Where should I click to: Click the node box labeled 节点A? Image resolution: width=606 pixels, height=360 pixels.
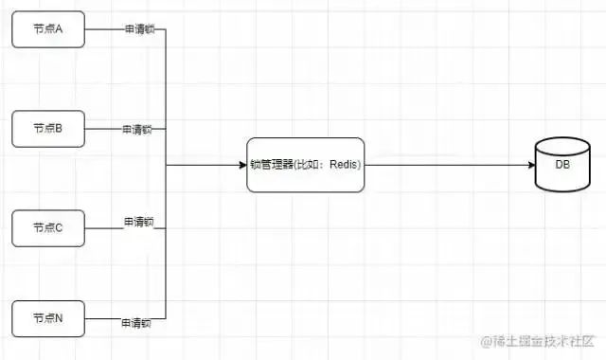pos(48,30)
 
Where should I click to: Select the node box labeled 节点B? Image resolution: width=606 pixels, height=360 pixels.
pos(48,128)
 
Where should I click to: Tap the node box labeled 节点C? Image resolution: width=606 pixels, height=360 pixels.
pos(48,226)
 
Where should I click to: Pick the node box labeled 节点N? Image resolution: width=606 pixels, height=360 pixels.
pos(48,317)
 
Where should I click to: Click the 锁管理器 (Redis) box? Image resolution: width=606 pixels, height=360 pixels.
pos(305,165)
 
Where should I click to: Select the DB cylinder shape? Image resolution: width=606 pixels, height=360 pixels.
pos(562,164)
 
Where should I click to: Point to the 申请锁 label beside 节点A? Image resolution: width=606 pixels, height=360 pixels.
pos(138,29)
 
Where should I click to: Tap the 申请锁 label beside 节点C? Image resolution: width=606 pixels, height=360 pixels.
pos(138,222)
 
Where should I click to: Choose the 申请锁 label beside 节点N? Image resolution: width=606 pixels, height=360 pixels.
pos(136,323)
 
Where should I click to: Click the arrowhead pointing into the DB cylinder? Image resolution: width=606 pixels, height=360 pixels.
pos(531,165)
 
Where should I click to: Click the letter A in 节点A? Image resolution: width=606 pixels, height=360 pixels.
pos(59,29)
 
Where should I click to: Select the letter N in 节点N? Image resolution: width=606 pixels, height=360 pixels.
pos(59,317)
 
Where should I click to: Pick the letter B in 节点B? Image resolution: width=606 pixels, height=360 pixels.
pos(59,128)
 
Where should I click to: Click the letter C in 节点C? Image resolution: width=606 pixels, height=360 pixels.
pos(59,226)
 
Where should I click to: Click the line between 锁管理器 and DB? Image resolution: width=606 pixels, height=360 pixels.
pos(445,165)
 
